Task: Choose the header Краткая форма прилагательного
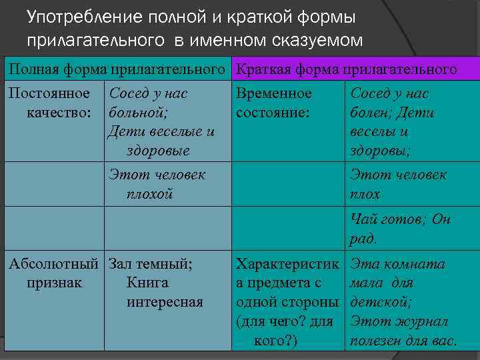347,69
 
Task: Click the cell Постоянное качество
53,103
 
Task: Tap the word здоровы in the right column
379,151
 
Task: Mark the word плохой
149,194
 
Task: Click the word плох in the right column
365,194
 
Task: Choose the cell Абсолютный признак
53,273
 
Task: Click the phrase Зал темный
150,264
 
